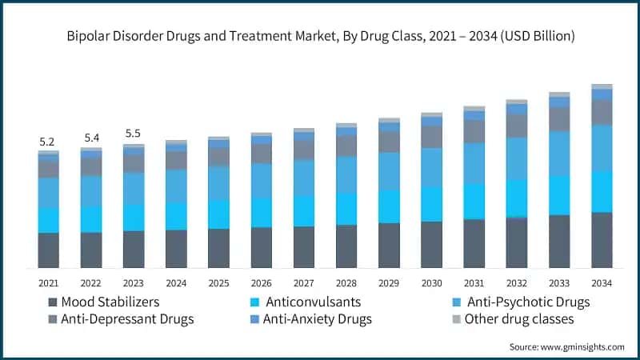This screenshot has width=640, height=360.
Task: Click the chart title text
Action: pyautogui.click(x=320, y=36)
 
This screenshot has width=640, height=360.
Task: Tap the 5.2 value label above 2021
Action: pyautogui.click(x=48, y=142)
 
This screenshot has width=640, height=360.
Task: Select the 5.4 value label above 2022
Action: pyautogui.click(x=90, y=138)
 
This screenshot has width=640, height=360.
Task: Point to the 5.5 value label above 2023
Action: pyautogui.click(x=133, y=134)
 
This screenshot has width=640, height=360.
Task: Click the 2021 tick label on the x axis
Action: pyautogui.click(x=48, y=282)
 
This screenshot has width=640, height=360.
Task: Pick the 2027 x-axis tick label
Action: pyautogui.click(x=303, y=282)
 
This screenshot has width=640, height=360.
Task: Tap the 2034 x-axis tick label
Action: pyautogui.click(x=601, y=282)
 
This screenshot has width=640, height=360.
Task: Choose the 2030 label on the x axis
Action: pyautogui.click(x=431, y=282)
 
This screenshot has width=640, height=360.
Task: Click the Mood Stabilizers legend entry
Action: pyautogui.click(x=104, y=302)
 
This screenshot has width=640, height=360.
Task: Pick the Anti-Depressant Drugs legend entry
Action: pyautogui.click(x=120, y=320)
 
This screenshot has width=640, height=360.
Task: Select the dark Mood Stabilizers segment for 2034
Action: pyautogui.click(x=602, y=240)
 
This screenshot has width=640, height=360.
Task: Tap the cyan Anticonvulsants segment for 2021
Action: pyautogui.click(x=48, y=220)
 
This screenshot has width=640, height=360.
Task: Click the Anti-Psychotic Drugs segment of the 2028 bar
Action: pyautogui.click(x=346, y=174)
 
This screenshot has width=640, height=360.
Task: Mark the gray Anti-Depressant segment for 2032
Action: pyautogui.click(x=516, y=126)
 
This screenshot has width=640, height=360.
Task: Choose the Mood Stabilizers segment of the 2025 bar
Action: pyautogui.click(x=218, y=248)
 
